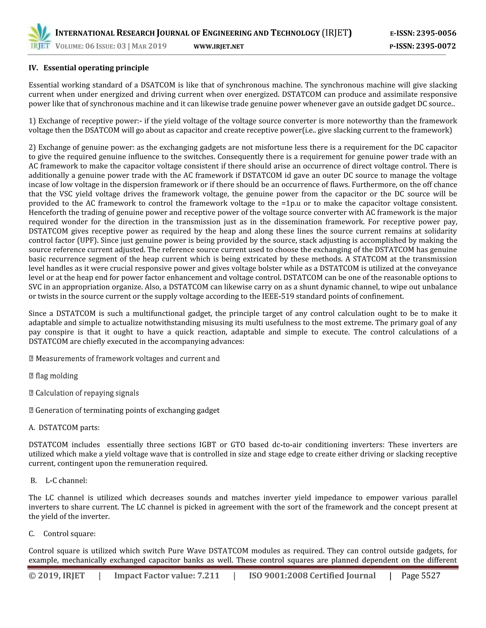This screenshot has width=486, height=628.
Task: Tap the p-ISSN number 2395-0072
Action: click(436, 46)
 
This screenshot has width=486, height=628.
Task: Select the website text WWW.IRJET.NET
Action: click(219, 47)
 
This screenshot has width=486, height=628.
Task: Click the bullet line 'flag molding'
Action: click(57, 376)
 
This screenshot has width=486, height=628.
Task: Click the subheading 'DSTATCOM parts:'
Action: click(69, 428)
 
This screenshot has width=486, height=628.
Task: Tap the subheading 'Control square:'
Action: click(69, 534)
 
